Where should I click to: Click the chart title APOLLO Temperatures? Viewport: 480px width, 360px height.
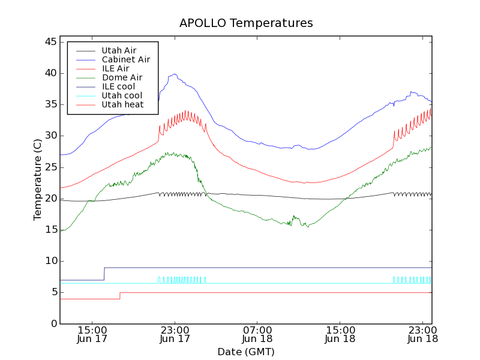246,23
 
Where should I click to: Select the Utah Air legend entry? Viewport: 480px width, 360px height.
119,50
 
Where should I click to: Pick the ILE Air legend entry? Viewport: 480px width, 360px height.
115,68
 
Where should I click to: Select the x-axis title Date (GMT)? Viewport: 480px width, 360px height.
246,352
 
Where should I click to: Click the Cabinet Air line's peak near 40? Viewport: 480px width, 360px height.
175,74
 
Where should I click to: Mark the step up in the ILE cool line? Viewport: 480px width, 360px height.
104,274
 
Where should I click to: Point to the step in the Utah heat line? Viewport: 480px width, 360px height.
120,295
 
